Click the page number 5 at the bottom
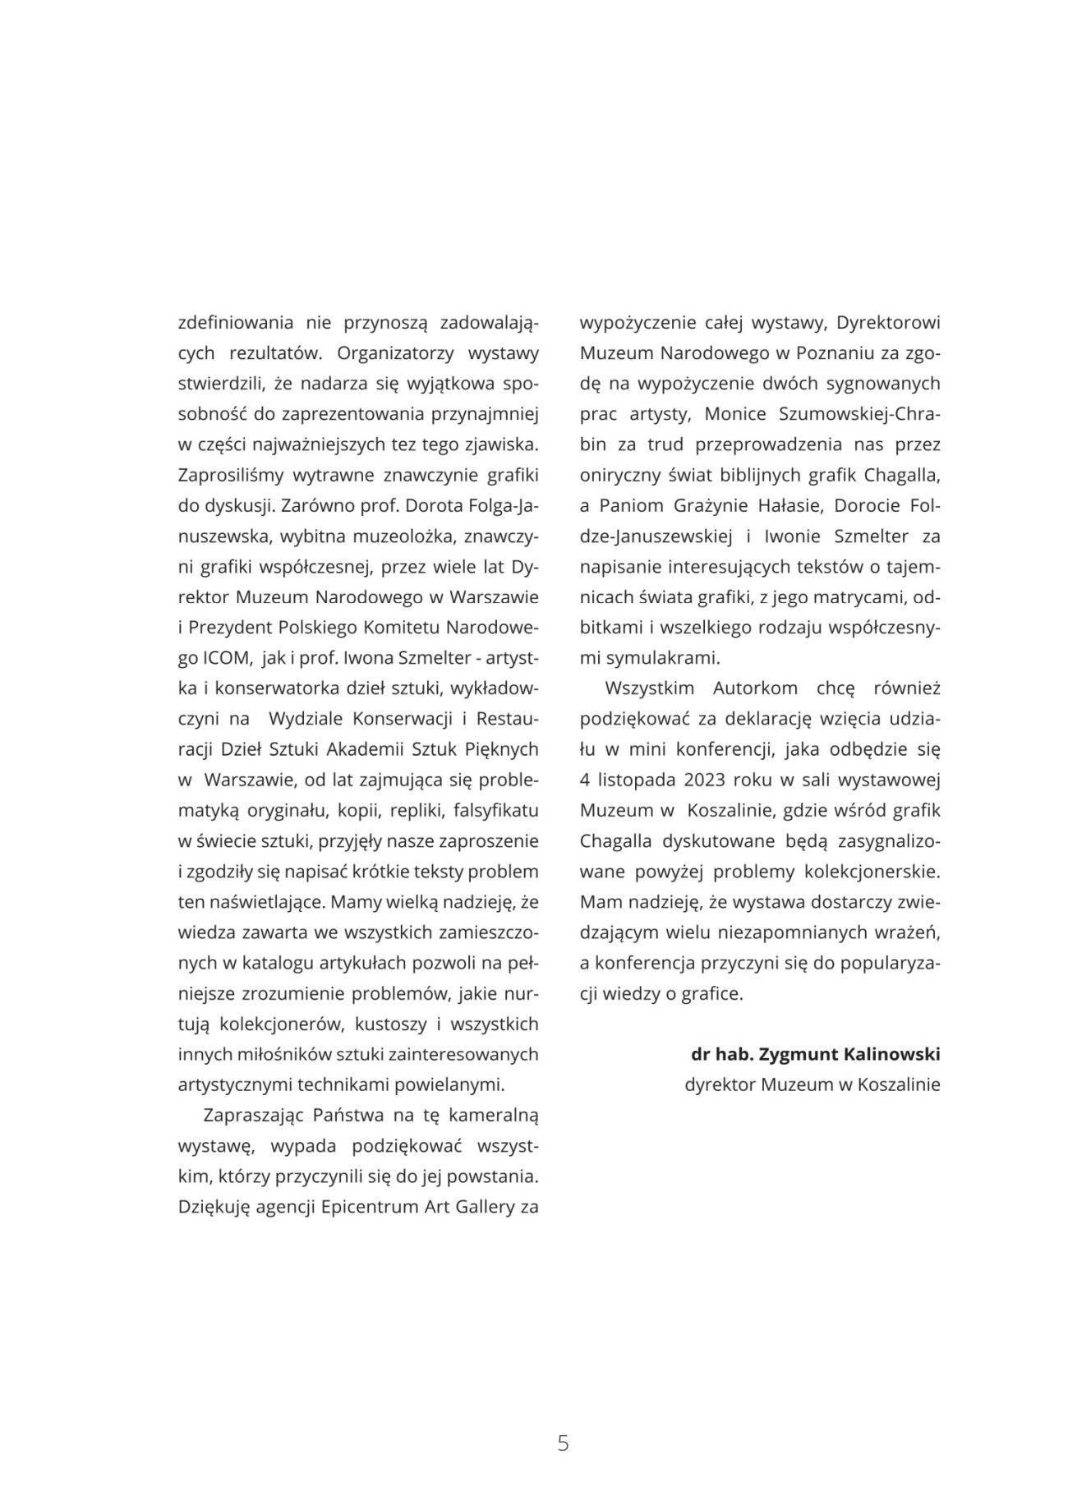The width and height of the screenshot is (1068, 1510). (563, 1443)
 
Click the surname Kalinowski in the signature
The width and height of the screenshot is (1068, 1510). (892, 1053)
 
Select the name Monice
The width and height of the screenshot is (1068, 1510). (734, 415)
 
